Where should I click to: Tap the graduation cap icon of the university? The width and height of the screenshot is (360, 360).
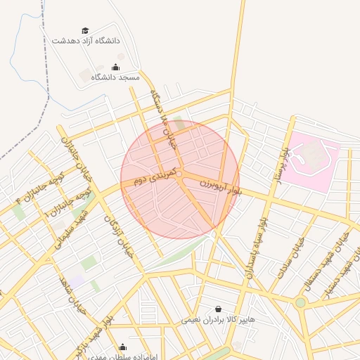85,31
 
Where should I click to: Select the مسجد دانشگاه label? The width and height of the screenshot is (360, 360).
116,76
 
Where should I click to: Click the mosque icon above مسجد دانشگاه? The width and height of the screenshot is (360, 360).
116,67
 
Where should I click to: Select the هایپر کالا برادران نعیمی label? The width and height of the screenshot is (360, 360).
219,319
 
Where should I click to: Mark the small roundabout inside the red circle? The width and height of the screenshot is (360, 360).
180,174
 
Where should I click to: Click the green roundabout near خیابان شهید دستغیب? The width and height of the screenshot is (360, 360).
301,302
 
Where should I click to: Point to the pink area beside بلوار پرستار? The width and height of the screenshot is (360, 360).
314,160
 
